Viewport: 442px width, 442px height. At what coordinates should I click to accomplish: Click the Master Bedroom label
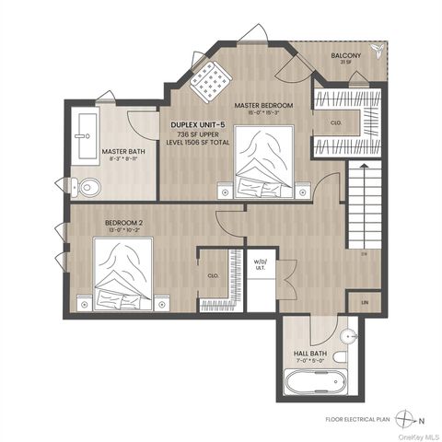pos(262,106)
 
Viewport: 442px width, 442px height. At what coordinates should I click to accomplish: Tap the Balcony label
pos(345,56)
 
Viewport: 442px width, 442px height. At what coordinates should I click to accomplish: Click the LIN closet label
pos(365,302)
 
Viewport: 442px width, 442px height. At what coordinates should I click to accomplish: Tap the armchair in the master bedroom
pos(210,84)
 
